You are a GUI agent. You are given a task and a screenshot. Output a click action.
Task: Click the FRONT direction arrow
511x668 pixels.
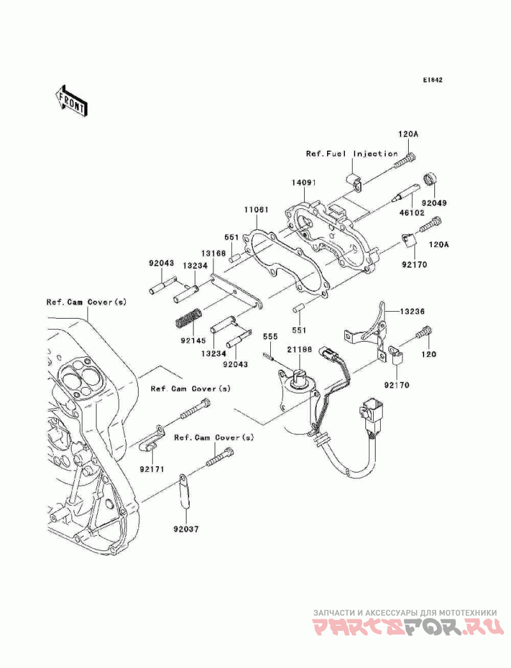coord(71,100)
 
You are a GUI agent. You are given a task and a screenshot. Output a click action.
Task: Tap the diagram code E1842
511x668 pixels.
coord(432,80)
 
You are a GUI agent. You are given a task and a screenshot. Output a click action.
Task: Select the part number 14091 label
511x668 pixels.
coord(303,183)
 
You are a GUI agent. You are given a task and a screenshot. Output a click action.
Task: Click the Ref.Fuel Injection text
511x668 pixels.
coord(351,154)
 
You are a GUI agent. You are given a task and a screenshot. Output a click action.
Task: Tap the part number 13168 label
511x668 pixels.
coord(215,254)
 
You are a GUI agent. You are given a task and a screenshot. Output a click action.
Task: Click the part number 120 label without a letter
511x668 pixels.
coord(428,354)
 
